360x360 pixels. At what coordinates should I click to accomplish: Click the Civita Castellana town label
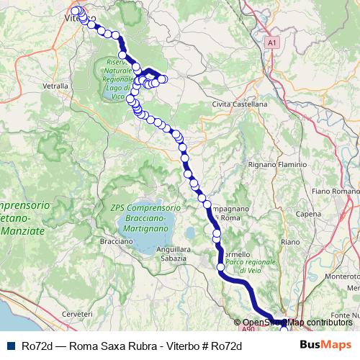[x=240, y=104]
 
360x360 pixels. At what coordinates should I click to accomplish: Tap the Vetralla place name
[x=56, y=85]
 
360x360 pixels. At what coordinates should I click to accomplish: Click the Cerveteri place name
[x=78, y=315]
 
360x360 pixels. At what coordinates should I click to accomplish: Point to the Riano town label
[x=290, y=242]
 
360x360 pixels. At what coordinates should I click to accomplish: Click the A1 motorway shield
[x=271, y=44]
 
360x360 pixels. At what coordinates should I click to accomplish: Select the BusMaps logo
[x=326, y=346]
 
